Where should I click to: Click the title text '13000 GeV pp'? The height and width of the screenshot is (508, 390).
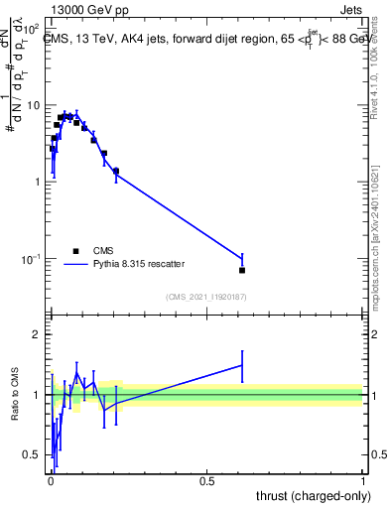[x=83, y=8]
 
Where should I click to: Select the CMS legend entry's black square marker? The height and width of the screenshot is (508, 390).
[x=75, y=251]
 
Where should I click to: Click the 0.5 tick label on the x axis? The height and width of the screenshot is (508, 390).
[x=206, y=480]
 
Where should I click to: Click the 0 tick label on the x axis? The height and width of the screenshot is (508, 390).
[x=51, y=480]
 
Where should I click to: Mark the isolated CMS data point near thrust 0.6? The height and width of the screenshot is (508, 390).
[x=242, y=270]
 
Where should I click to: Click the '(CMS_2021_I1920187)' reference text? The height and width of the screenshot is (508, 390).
[x=205, y=296]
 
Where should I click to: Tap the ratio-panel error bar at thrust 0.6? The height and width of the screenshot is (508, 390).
[x=242, y=365]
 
